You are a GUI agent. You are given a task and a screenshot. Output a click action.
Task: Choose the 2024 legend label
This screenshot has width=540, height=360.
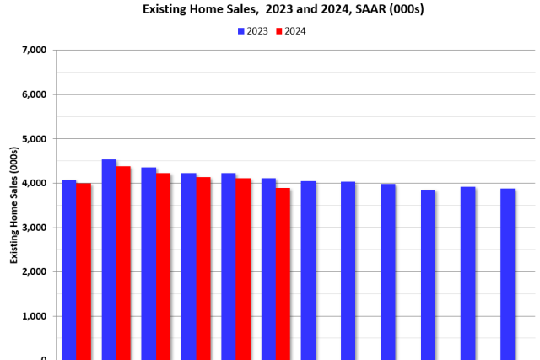click(295, 31)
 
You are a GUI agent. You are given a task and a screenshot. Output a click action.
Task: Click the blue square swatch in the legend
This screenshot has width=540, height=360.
click(241, 31)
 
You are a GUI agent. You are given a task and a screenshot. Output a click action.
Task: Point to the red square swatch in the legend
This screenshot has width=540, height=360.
click(278, 31)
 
